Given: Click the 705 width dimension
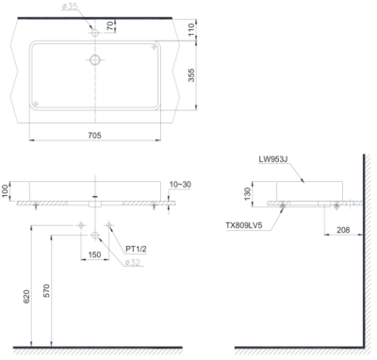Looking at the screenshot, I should tap(95, 135).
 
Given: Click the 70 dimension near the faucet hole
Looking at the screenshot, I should tap(109, 26).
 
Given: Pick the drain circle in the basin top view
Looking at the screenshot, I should tap(94, 60).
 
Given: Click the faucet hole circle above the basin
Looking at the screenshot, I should tap(94, 32).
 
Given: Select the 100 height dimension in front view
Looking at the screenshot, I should tap(7, 190).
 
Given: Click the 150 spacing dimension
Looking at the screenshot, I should tap(95, 254).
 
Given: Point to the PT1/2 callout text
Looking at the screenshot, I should tap(138, 249).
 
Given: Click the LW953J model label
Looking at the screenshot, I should tap(274, 160).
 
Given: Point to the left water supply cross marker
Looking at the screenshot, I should tap(82, 224).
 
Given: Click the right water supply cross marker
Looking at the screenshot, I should tap(109, 224).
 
